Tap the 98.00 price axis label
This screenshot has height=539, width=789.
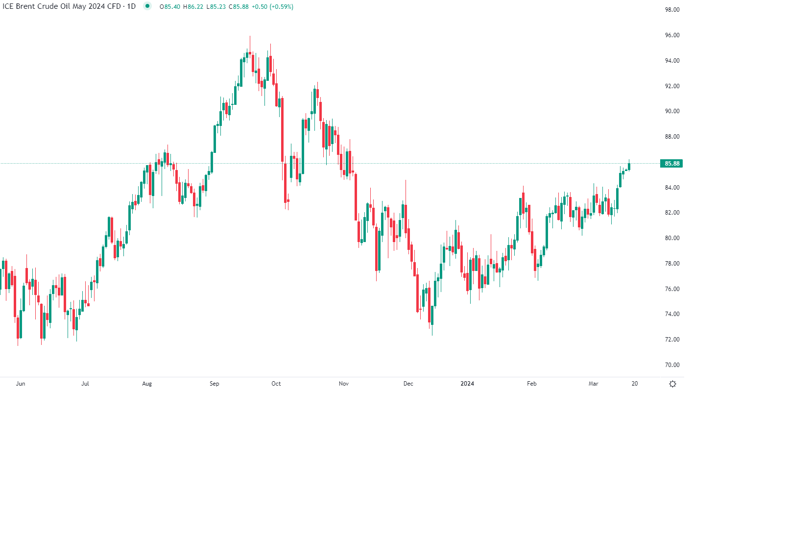pyautogui.click(x=672, y=10)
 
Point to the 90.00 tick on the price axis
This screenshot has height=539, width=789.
pyautogui.click(x=672, y=111)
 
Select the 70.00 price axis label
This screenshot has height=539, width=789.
pyautogui.click(x=672, y=365)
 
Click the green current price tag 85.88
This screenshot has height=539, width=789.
pyautogui.click(x=671, y=164)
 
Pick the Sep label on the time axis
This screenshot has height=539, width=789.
pyautogui.click(x=214, y=384)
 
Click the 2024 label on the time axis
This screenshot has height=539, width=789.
pyautogui.click(x=467, y=384)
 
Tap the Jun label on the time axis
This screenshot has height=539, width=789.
pyautogui.click(x=21, y=384)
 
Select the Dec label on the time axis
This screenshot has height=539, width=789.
pyautogui.click(x=408, y=384)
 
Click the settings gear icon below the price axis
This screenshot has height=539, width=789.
pyautogui.click(x=672, y=384)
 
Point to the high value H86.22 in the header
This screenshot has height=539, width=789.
pyautogui.click(x=193, y=7)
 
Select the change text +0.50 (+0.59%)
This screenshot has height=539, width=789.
pyautogui.click(x=272, y=7)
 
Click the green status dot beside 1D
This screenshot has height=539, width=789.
pyautogui.click(x=147, y=6)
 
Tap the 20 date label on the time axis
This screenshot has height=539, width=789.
pyautogui.click(x=635, y=384)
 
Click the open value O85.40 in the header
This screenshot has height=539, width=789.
pyautogui.click(x=170, y=7)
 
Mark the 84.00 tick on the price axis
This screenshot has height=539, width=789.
pyautogui.click(x=672, y=188)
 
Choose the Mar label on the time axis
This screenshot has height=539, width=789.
pyautogui.click(x=593, y=384)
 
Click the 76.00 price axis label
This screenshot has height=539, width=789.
pyautogui.click(x=672, y=289)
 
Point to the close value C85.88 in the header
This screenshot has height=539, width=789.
pyautogui.click(x=239, y=7)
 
